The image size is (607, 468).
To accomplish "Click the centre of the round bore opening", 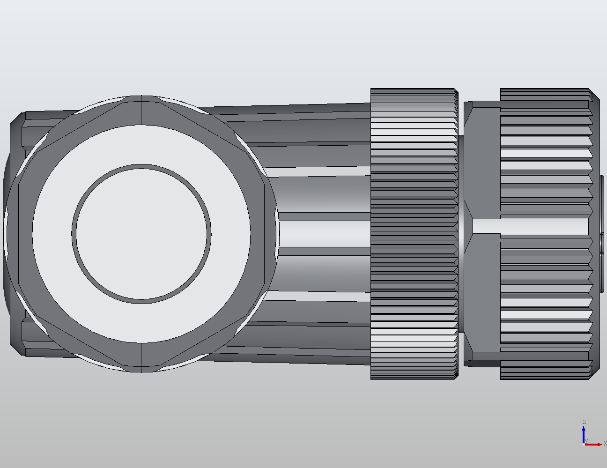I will pyautogui.click(x=141, y=233).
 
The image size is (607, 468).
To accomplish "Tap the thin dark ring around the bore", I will pyautogui.click(x=141, y=166).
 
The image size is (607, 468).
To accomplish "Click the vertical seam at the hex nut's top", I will pyautogui.click(x=141, y=110).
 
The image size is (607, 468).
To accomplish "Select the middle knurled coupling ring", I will pyautogui.click(x=414, y=233).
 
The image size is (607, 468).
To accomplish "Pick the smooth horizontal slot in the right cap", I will pyautogui.click(x=529, y=226).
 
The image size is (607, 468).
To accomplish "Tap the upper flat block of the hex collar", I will pyautogui.click(x=482, y=159).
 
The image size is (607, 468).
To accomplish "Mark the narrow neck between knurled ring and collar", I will pyautogui.click(x=461, y=233).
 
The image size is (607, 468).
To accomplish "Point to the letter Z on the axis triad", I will pyautogui.click(x=584, y=422).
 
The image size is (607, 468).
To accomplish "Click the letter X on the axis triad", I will pyautogui.click(x=605, y=443).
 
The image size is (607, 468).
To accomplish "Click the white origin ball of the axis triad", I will pyautogui.click(x=583, y=444).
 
